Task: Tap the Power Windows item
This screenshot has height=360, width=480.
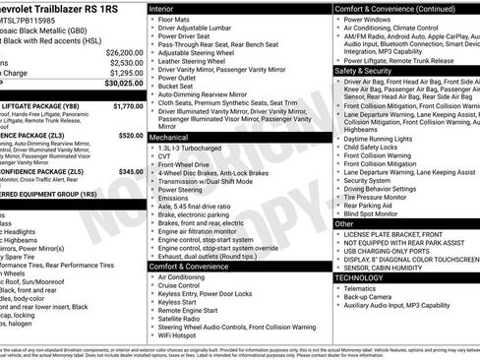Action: tap(371, 19)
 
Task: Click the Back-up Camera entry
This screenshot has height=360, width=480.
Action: tap(372, 296)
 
